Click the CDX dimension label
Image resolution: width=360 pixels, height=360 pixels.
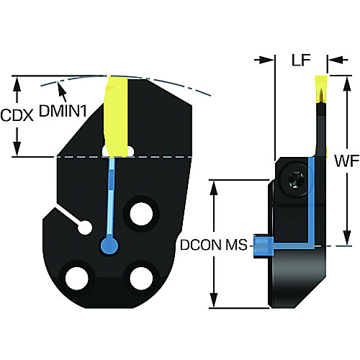(17, 116)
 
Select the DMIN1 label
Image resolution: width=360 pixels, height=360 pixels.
(63, 111)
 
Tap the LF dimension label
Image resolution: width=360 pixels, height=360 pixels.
(301, 60)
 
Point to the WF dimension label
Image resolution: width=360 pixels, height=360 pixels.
(347, 161)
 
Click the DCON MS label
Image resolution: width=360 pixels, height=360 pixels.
(214, 245)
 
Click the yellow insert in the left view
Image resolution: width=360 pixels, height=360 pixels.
(116, 117)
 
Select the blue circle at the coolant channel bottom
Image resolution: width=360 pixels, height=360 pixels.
(109, 246)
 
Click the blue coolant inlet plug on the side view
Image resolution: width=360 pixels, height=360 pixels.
(264, 246)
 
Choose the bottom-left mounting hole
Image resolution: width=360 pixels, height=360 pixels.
(76, 278)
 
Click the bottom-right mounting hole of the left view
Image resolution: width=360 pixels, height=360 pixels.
(141, 278)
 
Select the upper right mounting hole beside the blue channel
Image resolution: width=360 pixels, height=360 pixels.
(141, 214)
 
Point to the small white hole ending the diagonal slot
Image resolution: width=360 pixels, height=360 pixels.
(85, 227)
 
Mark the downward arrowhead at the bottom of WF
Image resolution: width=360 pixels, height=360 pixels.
(346, 238)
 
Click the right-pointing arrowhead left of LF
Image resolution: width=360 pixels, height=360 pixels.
(267, 60)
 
